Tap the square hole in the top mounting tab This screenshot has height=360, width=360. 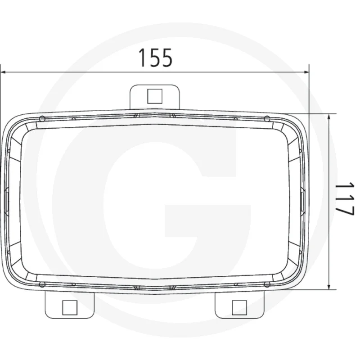[155, 95]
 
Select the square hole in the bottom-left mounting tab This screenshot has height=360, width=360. [70, 307]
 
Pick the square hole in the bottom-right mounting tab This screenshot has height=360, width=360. [239, 307]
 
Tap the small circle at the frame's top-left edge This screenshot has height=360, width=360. [42, 118]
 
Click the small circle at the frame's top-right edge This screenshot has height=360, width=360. [267, 118]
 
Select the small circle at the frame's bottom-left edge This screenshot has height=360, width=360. [42, 284]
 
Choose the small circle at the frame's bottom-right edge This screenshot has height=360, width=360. [267, 284]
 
